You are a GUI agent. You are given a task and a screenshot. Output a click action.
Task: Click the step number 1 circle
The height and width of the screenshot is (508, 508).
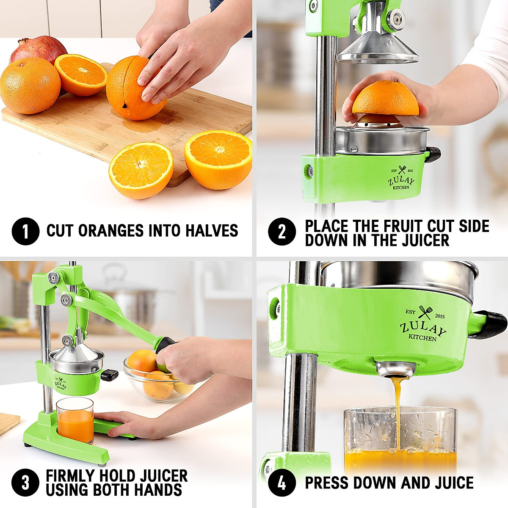tap(25, 231)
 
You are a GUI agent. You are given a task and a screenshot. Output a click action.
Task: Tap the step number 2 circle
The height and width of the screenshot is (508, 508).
tap(282, 231)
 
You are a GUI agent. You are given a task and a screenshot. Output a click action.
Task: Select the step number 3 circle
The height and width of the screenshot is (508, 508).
tap(25, 483)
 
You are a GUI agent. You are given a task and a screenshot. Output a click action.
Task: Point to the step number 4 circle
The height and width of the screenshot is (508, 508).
tap(282, 483)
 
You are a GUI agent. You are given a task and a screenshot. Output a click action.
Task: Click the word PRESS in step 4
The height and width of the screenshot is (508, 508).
tap(326, 483)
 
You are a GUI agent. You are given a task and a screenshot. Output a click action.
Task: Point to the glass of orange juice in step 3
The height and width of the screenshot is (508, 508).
tap(75, 421)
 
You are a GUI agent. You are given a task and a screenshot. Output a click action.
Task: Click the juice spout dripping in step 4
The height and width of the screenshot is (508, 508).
tap(396, 370)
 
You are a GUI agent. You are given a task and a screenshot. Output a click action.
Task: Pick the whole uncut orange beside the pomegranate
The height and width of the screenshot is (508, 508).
tap(30, 86)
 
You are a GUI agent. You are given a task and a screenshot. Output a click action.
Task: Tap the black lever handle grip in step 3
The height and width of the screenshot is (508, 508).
tap(165, 344)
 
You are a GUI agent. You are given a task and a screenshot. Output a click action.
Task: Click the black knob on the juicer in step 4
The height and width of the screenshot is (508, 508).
tap(493, 324)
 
